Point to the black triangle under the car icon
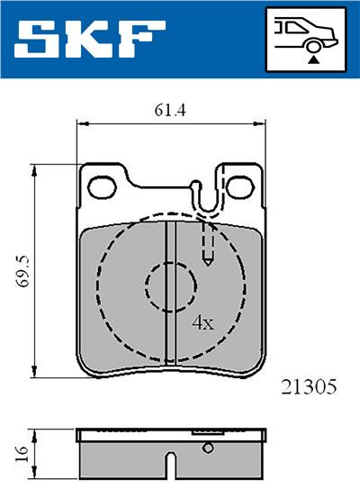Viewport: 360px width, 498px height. click(312, 58)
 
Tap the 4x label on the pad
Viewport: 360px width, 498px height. click(202, 321)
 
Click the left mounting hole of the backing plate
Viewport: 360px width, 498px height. click(103, 187)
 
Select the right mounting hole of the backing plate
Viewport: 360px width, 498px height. click(240, 187)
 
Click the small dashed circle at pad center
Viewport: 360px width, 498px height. click(169, 286)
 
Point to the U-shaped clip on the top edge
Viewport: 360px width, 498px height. click(205, 200)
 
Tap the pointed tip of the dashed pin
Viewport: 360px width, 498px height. click(208, 263)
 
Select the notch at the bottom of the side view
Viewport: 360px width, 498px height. click(169, 468)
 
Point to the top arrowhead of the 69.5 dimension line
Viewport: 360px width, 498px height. click(36, 170)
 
